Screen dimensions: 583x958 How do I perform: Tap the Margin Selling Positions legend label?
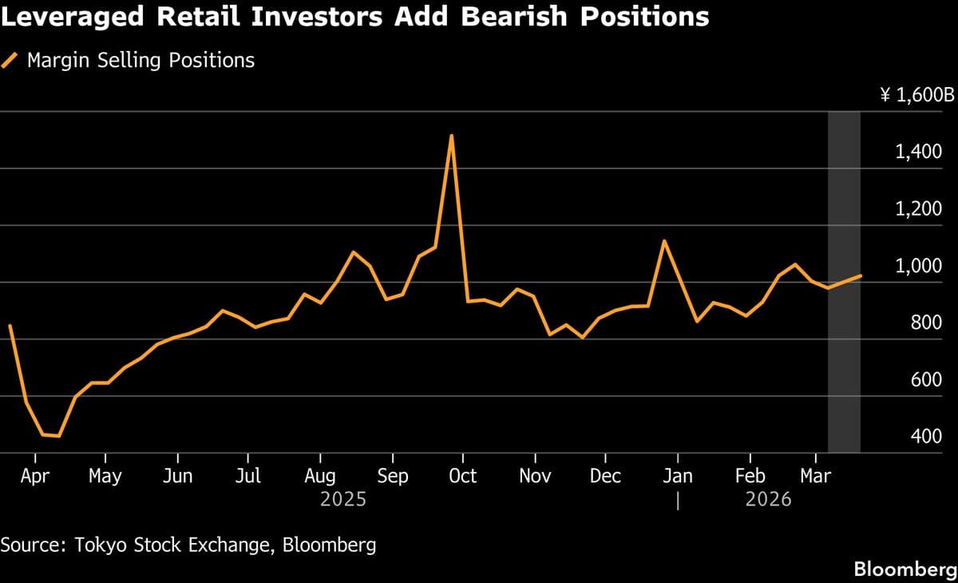(141, 60)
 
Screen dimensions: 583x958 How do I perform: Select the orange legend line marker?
(10, 60)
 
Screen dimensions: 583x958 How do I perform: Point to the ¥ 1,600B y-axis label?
(916, 96)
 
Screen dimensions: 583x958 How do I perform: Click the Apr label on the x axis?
(34, 476)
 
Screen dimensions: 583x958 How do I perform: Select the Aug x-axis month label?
(320, 476)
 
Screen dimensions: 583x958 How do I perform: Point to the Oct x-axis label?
(462, 476)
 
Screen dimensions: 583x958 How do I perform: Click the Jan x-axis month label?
(678, 476)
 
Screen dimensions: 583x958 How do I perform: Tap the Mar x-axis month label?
(814, 476)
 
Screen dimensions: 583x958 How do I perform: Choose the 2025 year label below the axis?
(343, 499)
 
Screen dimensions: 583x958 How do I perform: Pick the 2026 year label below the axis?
(768, 499)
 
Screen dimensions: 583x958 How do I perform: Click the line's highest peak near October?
(452, 135)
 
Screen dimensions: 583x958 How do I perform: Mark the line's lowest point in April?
(58, 436)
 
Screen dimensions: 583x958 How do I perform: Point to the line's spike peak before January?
(663, 240)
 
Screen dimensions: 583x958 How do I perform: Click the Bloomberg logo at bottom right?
(905, 569)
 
